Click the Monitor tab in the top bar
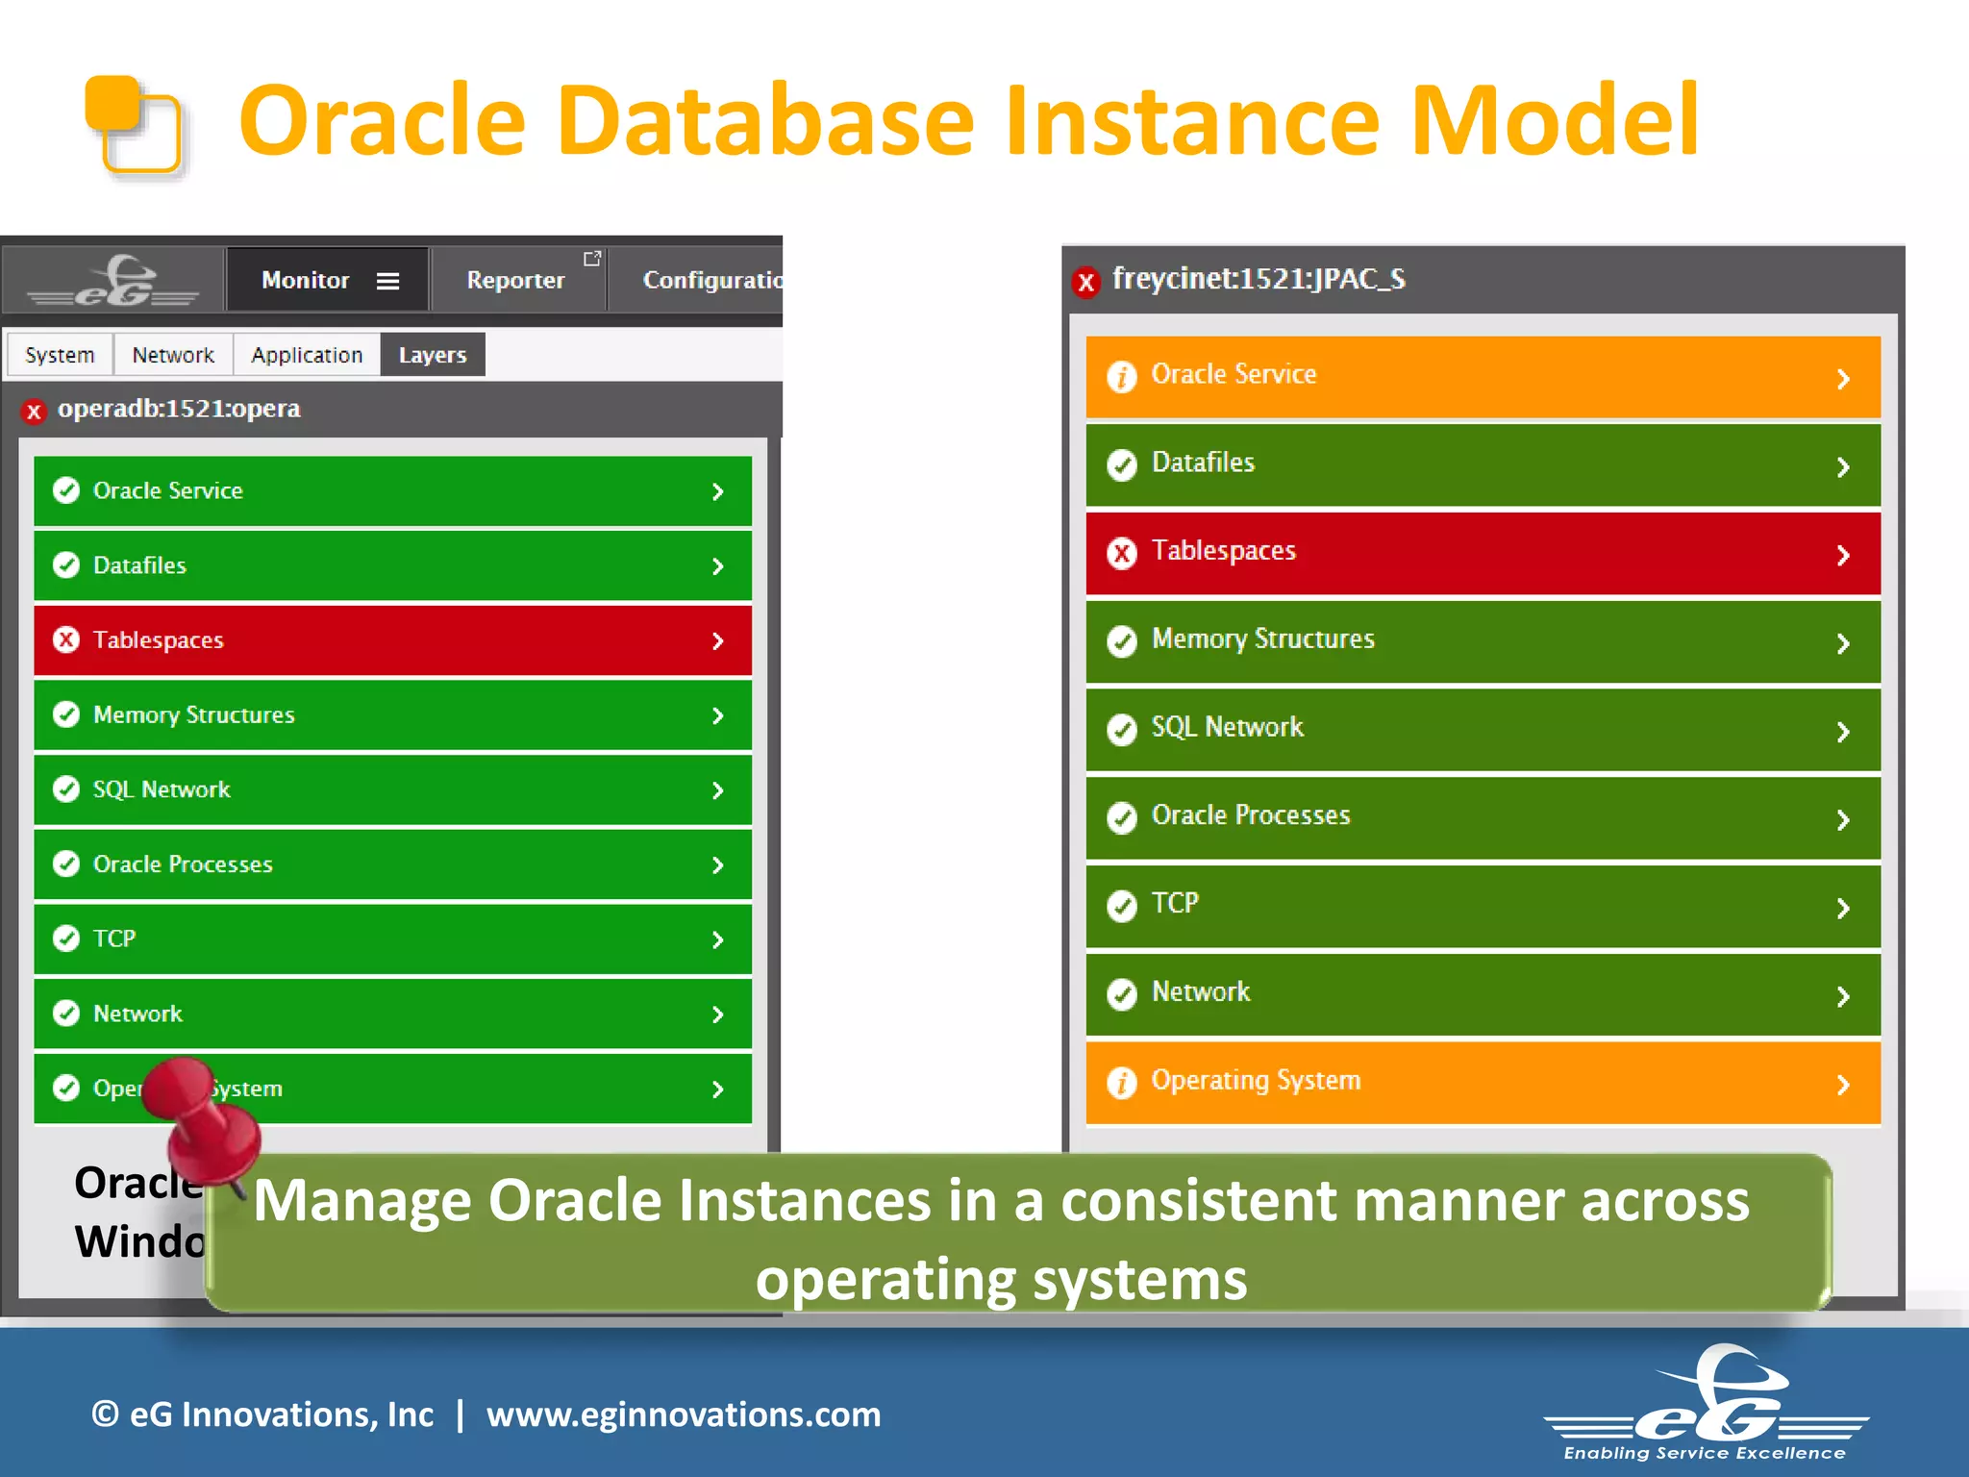coord(305,280)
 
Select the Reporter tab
coord(515,280)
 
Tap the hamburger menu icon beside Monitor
coord(387,281)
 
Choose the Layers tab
coord(432,355)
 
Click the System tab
coord(60,355)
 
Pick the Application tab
coord(307,355)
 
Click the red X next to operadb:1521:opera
coord(34,412)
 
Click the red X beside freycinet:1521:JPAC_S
coord(1085,282)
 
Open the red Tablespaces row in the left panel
coord(392,640)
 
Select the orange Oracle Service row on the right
coord(1482,376)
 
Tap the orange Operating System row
coord(1482,1082)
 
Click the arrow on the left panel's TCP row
coord(717,939)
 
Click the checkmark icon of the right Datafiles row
coord(1121,464)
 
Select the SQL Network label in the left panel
coord(162,789)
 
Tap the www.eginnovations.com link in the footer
coord(683,1414)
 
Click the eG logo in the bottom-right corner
coord(1707,1404)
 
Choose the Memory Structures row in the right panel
coord(1482,640)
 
